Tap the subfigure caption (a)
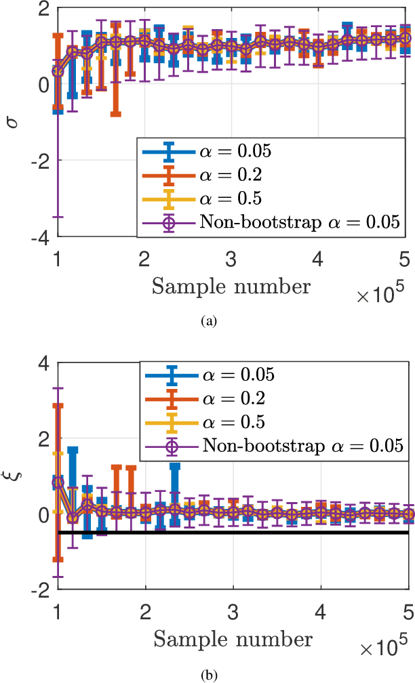point(207,321)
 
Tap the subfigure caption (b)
point(207,675)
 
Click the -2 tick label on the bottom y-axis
point(39,590)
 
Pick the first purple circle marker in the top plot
point(58,70)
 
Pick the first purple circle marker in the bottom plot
point(58,482)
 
